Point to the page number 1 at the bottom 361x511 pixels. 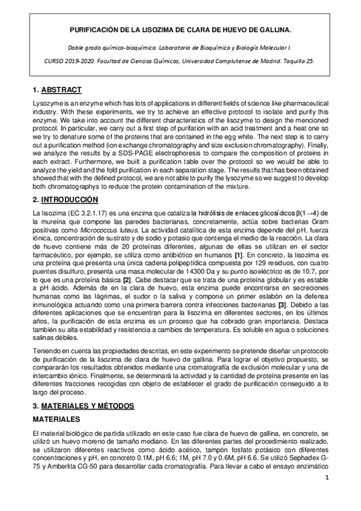[327, 478]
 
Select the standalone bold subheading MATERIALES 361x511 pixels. [57, 418]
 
